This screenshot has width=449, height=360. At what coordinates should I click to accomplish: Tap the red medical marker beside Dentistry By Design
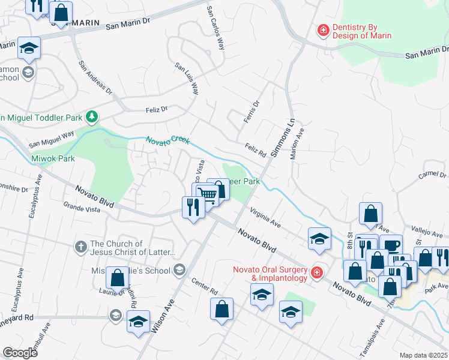(323, 30)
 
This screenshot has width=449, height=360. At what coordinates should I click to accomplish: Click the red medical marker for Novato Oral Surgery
(316, 273)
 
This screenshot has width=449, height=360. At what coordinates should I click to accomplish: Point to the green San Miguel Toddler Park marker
(92, 116)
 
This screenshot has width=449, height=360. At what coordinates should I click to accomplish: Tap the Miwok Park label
(53, 158)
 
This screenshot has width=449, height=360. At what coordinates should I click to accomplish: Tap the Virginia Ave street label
(266, 219)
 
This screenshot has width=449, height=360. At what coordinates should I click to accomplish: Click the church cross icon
(80, 246)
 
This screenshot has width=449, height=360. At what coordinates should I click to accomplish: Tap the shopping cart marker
(206, 194)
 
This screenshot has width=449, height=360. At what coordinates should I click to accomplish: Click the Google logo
(20, 353)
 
